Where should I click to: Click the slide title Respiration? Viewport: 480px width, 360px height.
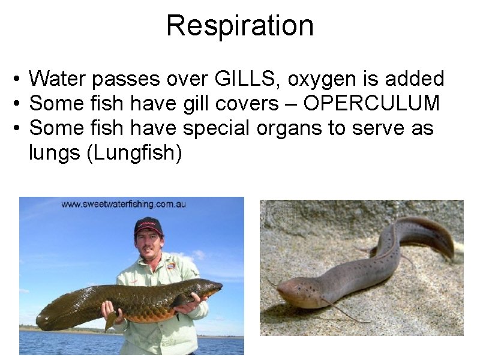pyautogui.click(x=240, y=26)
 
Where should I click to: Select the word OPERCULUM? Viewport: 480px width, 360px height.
pyautogui.click(x=371, y=103)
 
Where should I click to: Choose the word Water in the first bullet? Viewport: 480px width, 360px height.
pyautogui.click(x=58, y=79)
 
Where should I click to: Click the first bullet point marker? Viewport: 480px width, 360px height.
pyautogui.click(x=19, y=79)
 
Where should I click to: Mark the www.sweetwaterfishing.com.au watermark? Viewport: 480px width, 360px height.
pyautogui.click(x=124, y=204)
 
